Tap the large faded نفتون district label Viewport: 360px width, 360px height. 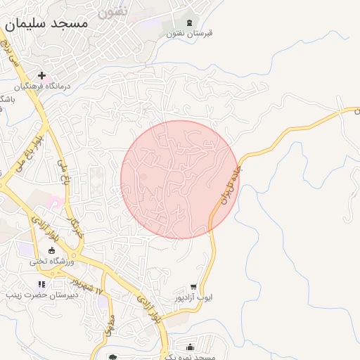pyautogui.click(x=112, y=11)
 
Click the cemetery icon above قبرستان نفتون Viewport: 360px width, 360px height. pyautogui.click(x=190, y=22)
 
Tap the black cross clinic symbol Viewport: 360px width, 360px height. pyautogui.click(x=42, y=75)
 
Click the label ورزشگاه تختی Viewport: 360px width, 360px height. pyautogui.click(x=51, y=261)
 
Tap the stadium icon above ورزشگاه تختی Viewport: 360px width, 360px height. pyautogui.click(x=51, y=250)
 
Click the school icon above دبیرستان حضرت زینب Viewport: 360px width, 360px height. pyautogui.click(x=41, y=285)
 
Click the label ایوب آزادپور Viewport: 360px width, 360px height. pyautogui.click(x=194, y=297)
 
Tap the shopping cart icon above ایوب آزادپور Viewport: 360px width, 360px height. pyautogui.click(x=194, y=287)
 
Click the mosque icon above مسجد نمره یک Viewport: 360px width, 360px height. pyautogui.click(x=191, y=347)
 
